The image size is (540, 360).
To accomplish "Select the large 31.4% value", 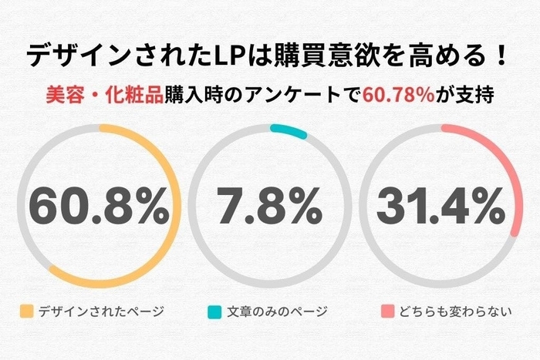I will tap(439, 207).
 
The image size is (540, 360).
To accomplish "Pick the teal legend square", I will tap(214, 312).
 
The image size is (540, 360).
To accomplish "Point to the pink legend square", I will tap(386, 312).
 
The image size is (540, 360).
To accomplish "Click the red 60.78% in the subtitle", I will tap(397, 98).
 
